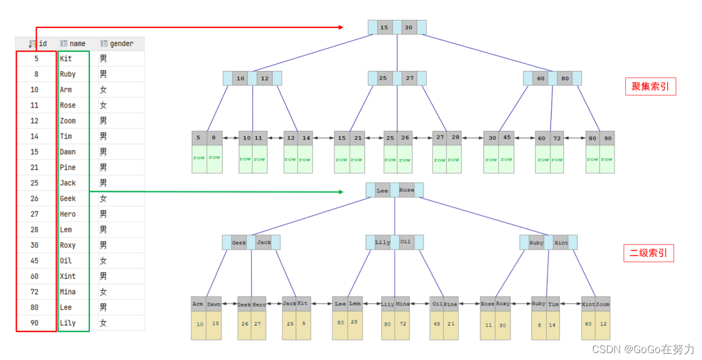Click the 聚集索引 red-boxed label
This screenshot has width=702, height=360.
coord(650,86)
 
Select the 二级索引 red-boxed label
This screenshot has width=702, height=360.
coord(648,254)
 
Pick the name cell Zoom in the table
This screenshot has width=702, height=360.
coord(68,121)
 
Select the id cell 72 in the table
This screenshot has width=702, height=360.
coord(35,292)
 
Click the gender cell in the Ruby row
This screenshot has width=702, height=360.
coord(103,74)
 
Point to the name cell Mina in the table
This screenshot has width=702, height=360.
coord(68,292)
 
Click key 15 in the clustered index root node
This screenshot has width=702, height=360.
coord(384,27)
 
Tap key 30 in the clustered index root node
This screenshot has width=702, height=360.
coord(408,27)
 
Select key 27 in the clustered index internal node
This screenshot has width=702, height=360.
coord(409,78)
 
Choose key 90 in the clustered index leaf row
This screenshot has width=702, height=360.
coord(607,138)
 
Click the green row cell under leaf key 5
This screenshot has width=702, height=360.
coord(199,159)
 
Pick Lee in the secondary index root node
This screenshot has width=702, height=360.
coord(382,190)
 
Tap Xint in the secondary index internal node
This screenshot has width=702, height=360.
coord(561,243)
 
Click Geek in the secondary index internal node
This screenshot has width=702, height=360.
coord(239,243)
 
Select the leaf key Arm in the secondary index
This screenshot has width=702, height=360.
coord(198,304)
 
